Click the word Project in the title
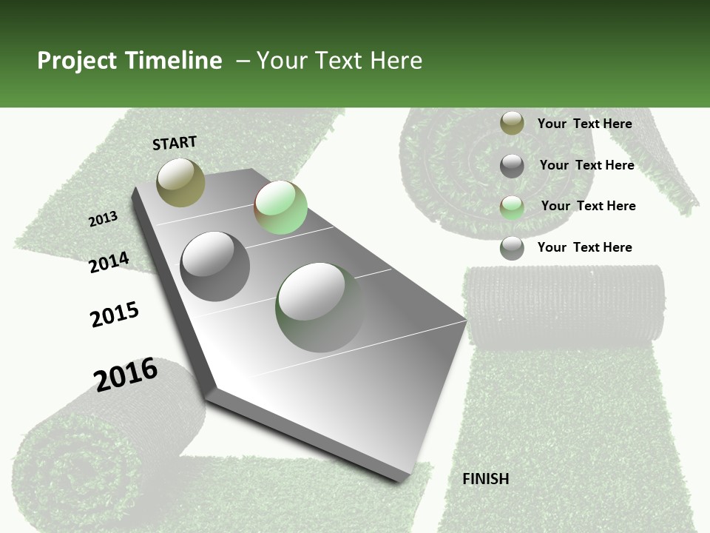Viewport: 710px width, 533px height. (x=75, y=61)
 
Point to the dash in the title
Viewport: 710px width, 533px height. (x=243, y=61)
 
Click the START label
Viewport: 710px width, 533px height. (x=175, y=143)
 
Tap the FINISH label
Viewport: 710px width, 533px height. (x=485, y=479)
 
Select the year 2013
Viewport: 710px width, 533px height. (x=104, y=218)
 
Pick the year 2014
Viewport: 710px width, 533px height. (x=109, y=262)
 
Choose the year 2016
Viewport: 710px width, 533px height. (x=126, y=374)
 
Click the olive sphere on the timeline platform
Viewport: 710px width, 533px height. (x=180, y=182)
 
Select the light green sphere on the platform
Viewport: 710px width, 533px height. (x=280, y=207)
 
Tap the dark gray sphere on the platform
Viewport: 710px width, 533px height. (x=215, y=266)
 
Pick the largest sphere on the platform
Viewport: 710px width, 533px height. (x=320, y=307)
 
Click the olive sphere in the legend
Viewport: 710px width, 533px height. (x=512, y=124)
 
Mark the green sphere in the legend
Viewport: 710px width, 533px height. (x=512, y=207)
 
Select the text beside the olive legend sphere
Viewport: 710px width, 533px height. (x=584, y=124)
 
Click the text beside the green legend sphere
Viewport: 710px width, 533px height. (x=588, y=206)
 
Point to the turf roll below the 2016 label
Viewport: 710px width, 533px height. (x=89, y=459)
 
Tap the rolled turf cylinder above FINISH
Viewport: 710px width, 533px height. (x=565, y=304)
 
